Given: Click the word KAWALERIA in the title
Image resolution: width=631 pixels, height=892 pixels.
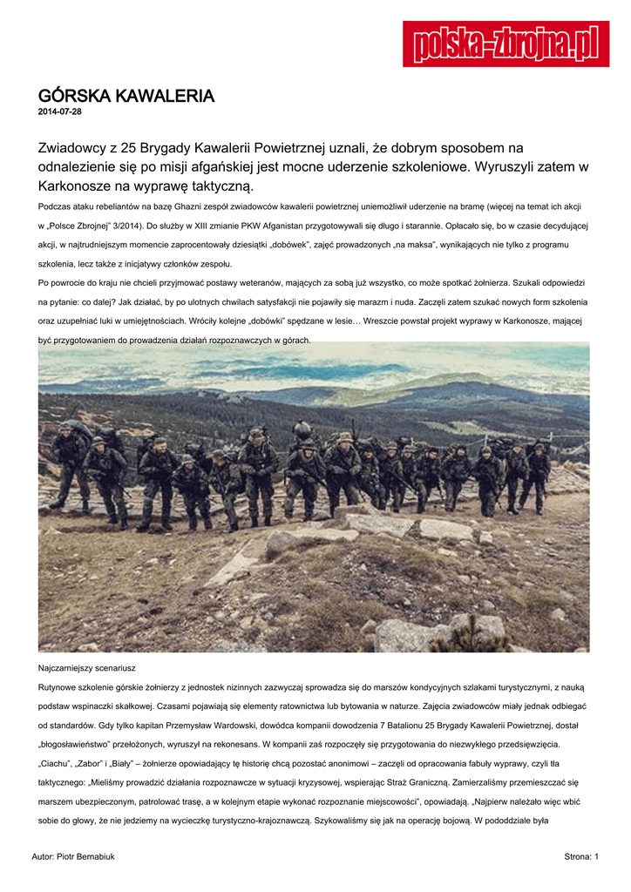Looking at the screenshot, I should (x=165, y=96).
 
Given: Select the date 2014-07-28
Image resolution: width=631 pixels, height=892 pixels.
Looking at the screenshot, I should (x=60, y=112).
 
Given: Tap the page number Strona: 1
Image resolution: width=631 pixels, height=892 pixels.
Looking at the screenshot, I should (x=581, y=857).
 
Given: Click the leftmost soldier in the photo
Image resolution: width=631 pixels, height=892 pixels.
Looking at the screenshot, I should (x=68, y=466).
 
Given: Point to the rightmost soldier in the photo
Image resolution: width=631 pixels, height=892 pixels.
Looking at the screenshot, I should (x=538, y=475).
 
